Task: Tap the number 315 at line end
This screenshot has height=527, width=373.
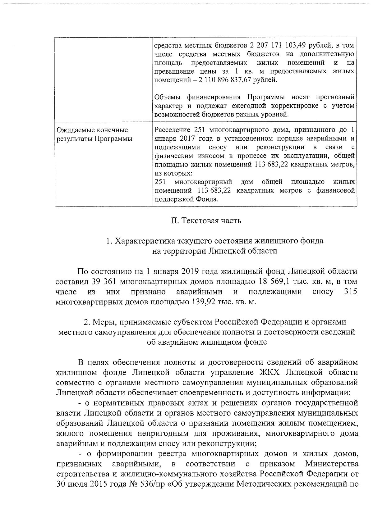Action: coord(351,292)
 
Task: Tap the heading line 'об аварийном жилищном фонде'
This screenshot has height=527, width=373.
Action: coord(206,342)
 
